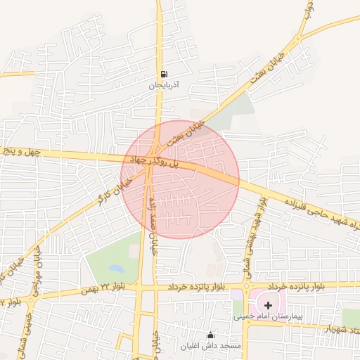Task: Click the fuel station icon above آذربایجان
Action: pos(164,75)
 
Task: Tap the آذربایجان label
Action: pos(164,85)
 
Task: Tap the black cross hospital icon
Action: pos(268,305)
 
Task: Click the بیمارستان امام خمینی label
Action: pos(268,317)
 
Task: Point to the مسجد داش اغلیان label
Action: pos(210,346)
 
